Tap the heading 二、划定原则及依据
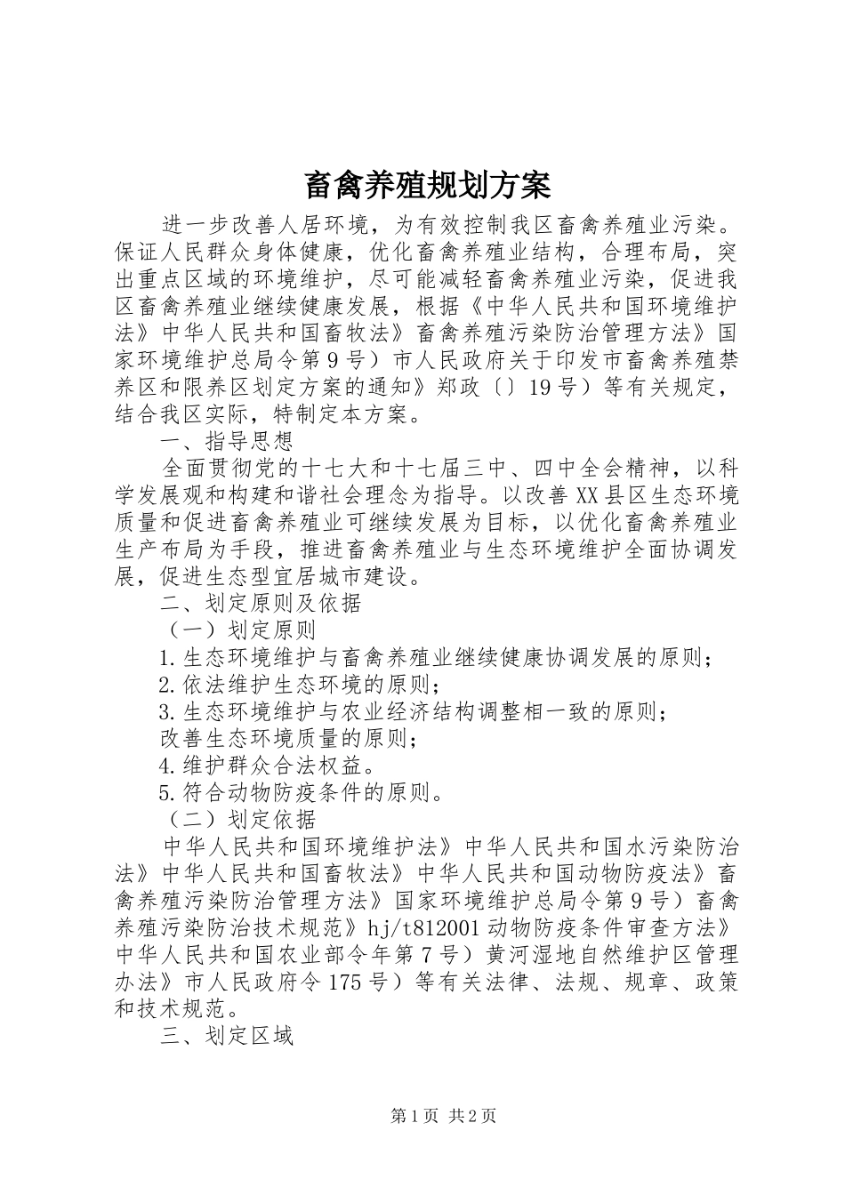[x=261, y=603]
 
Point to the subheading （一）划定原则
[x=237, y=630]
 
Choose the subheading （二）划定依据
[x=237, y=818]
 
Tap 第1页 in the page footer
[x=415, y=1116]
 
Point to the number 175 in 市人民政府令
[x=346, y=982]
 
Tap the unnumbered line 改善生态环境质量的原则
[x=288, y=738]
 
